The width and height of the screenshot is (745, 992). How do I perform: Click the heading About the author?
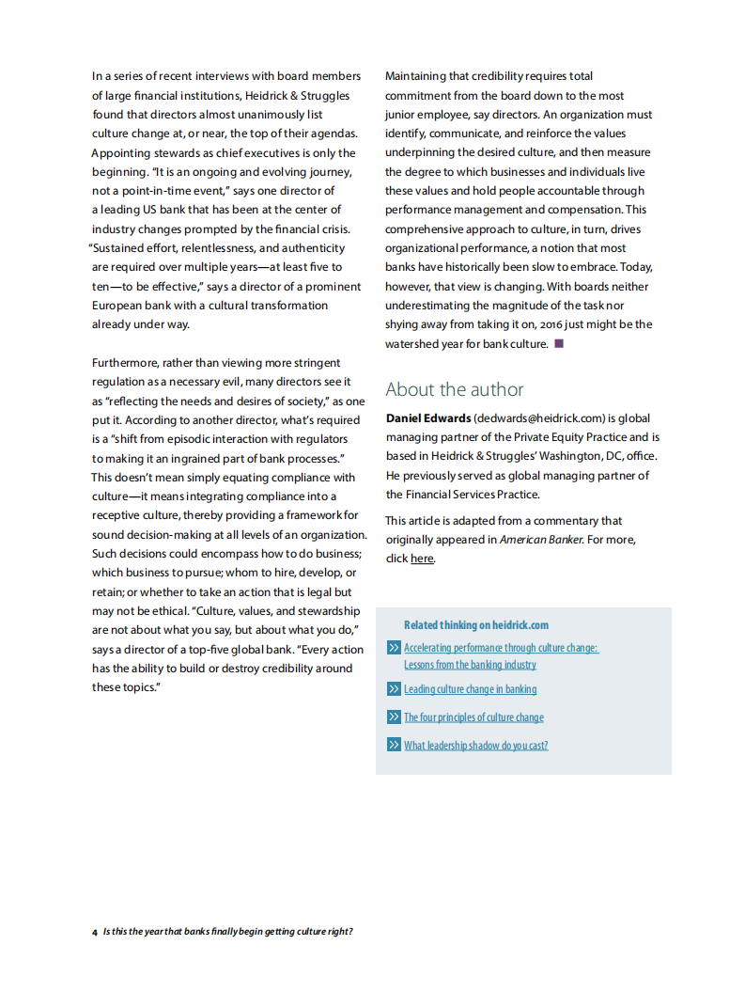[454, 389]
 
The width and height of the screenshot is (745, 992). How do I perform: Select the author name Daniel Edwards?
[427, 418]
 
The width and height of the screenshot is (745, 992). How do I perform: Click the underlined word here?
[422, 559]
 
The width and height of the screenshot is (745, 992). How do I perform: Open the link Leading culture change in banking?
[470, 689]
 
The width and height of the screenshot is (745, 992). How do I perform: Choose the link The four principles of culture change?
[473, 717]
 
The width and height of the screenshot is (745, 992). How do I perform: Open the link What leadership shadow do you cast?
[475, 746]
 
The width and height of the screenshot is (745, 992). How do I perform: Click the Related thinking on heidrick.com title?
[476, 624]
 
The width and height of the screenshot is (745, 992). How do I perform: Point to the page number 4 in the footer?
[95, 932]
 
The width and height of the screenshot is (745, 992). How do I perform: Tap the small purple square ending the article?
[559, 343]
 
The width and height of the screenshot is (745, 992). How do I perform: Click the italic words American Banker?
[540, 540]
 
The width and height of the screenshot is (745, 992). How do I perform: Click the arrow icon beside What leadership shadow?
[394, 746]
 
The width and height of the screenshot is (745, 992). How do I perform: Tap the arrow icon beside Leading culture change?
[394, 689]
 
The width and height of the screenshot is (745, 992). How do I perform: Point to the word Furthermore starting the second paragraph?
[125, 363]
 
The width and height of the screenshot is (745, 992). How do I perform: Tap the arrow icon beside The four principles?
[394, 717]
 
